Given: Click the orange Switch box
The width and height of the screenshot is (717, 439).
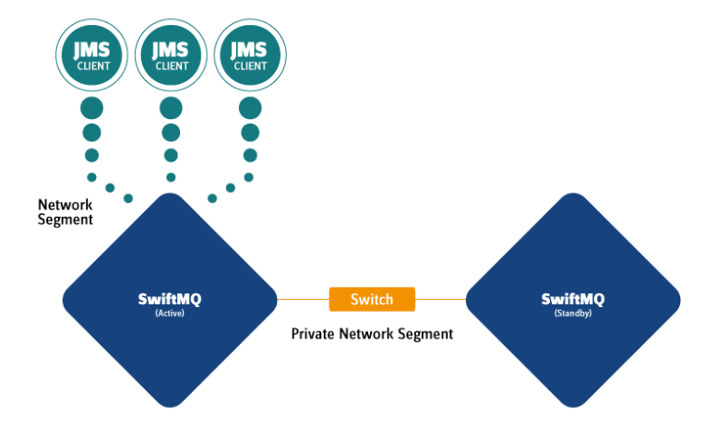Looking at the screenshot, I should click(x=372, y=300).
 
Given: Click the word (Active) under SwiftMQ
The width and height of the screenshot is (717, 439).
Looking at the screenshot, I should click(x=169, y=313).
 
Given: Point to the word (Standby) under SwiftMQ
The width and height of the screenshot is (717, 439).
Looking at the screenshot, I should click(x=572, y=313).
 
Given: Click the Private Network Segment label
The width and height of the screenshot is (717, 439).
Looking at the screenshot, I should click(x=372, y=334).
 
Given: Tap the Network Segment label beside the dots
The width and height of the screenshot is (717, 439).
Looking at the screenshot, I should click(x=66, y=211).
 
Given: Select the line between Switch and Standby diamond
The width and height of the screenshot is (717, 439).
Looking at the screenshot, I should click(x=440, y=300).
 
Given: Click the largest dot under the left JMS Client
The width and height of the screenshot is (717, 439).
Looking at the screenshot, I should click(x=91, y=108).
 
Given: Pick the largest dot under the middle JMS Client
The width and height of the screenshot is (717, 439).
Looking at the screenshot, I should click(x=171, y=108).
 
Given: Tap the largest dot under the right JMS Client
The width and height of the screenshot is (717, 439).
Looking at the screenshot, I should click(x=250, y=108).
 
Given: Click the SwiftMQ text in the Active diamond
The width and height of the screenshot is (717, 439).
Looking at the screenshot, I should click(x=169, y=298).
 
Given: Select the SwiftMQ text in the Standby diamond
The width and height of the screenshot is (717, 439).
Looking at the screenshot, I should click(x=572, y=298).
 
